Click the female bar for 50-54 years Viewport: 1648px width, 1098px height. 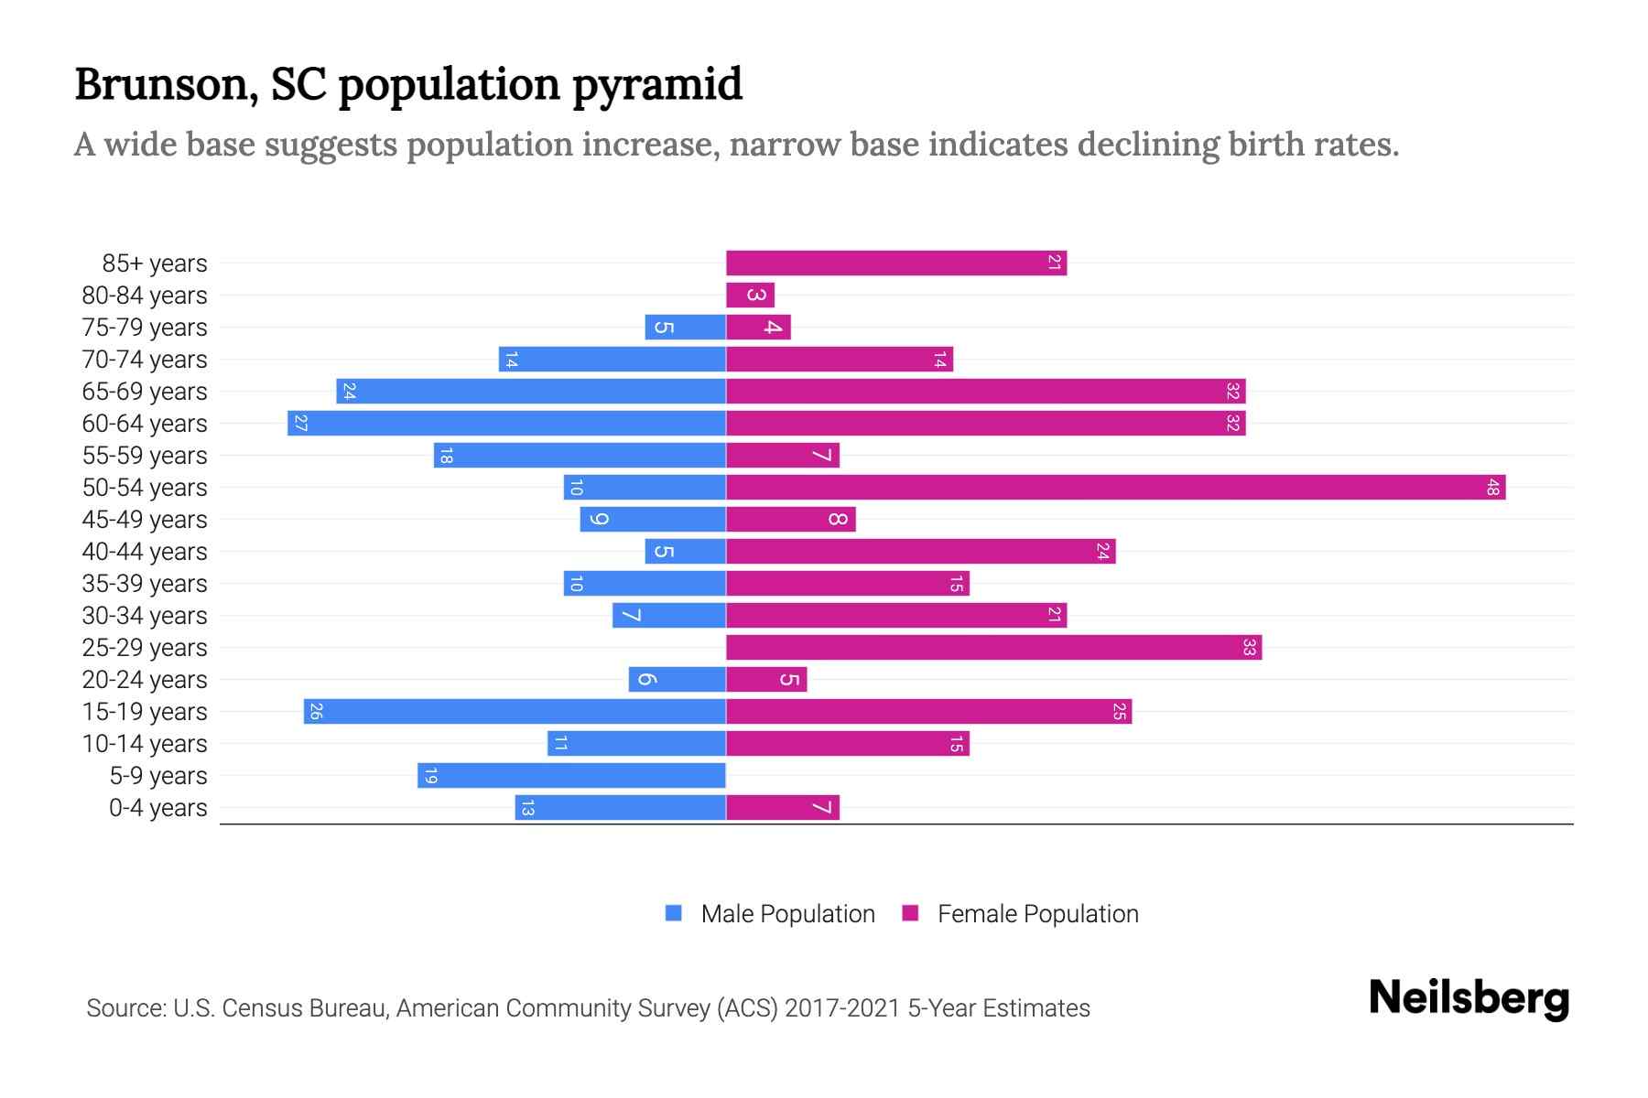pyautogui.click(x=1115, y=487)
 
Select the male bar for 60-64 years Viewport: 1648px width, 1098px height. pyautogui.click(x=506, y=423)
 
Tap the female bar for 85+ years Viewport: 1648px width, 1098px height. pyautogui.click(x=895, y=263)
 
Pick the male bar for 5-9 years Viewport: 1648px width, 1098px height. pyautogui.click(x=571, y=775)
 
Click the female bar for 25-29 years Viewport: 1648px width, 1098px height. pyautogui.click(x=993, y=647)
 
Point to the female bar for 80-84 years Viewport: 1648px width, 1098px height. pyautogui.click(x=750, y=295)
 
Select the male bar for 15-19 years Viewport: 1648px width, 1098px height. pyautogui.click(x=515, y=711)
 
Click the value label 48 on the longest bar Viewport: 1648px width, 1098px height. pyautogui.click(x=1492, y=487)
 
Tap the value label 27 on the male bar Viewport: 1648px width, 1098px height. pyautogui.click(x=300, y=423)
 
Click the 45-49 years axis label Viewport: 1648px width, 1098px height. pyautogui.click(x=145, y=519)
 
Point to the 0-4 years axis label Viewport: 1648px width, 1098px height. pyautogui.click(x=157, y=807)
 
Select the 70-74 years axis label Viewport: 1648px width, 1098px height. pyautogui.click(x=145, y=359)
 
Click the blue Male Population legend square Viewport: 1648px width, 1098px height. pyautogui.click(x=674, y=913)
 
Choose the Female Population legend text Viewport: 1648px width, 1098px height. pyautogui.click(x=1037, y=913)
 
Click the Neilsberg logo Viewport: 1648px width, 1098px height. pyautogui.click(x=1469, y=998)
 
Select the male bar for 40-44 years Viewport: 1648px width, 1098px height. pyautogui.click(x=685, y=551)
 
